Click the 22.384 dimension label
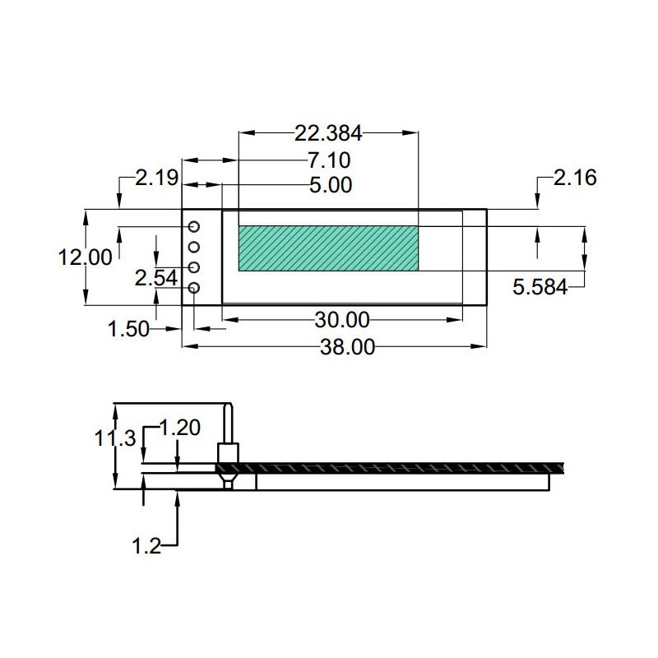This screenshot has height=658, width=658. tap(328, 133)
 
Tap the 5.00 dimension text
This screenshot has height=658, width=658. tap(331, 185)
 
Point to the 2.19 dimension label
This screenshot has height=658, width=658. tap(157, 178)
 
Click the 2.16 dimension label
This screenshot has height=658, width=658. tap(575, 178)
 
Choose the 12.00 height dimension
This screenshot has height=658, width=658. tap(86, 257)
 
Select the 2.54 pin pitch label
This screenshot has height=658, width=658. tap(156, 278)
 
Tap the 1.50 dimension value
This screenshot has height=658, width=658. tap(128, 328)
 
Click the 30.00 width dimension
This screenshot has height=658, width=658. tap(342, 320)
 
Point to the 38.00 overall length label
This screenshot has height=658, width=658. tap(347, 347)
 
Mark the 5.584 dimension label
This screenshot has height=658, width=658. tap(540, 287)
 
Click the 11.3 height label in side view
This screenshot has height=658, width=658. tap(115, 439)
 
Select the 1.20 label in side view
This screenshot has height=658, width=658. tap(179, 428)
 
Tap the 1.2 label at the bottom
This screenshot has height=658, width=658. tap(146, 546)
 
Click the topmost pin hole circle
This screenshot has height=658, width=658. tap(194, 227)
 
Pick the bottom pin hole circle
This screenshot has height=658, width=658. tap(194, 288)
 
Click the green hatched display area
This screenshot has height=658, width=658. tap(328, 248)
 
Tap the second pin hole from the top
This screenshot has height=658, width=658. tap(194, 248)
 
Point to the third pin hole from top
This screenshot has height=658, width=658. tap(194, 267)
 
